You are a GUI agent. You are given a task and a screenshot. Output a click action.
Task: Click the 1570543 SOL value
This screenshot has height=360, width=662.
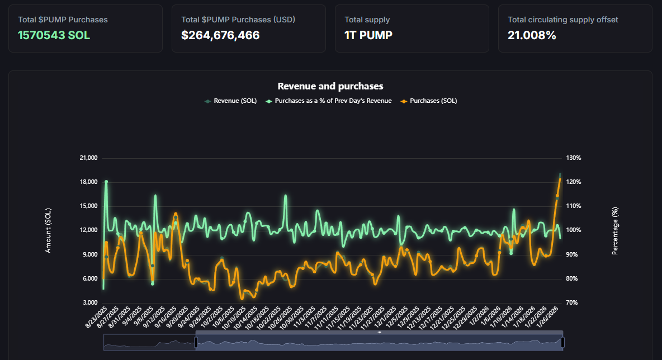tap(54, 35)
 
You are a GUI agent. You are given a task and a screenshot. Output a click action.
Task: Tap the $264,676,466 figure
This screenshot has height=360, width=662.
tap(220, 35)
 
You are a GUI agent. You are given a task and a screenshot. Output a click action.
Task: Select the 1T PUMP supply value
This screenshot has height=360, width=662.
tap(368, 35)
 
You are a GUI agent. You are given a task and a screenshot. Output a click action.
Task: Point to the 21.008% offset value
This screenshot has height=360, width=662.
tap(532, 35)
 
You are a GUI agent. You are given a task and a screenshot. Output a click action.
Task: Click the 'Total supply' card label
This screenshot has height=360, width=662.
tap(367, 20)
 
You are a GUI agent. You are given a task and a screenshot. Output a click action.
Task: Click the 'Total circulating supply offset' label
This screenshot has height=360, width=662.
tap(563, 20)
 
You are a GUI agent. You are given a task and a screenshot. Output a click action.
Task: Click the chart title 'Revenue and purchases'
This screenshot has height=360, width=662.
tap(330, 86)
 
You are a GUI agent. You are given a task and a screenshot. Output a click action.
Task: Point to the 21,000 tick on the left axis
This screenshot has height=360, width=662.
tap(89, 158)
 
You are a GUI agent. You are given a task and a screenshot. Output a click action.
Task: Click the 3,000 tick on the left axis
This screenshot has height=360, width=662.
tap(91, 303)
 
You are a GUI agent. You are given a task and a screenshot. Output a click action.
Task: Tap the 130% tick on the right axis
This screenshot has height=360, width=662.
tap(574, 158)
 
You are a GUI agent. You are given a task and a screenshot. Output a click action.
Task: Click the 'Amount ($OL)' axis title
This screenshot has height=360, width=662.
tap(48, 230)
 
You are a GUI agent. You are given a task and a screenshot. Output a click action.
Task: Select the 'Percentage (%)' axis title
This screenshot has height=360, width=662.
tap(615, 230)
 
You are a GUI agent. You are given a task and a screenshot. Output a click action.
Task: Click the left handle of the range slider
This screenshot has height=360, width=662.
tap(196, 342)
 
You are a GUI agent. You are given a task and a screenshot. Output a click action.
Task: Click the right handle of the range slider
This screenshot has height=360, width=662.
tap(562, 342)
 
